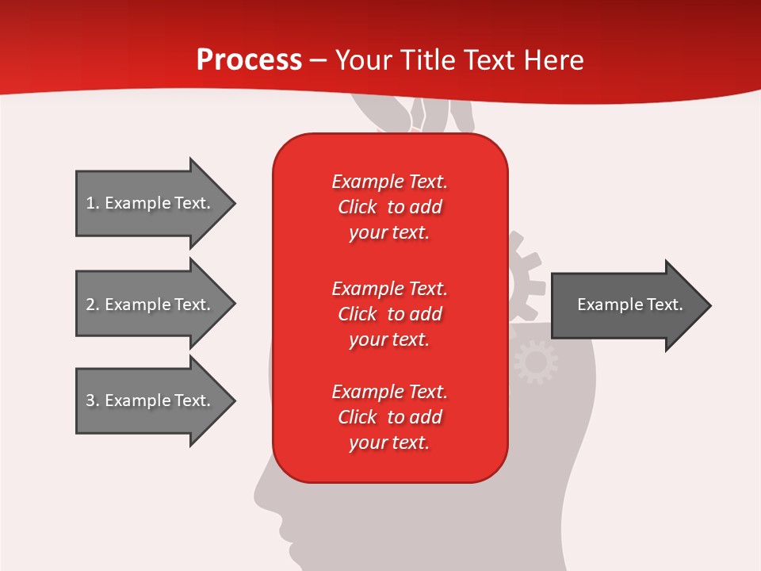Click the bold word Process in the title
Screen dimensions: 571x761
(249, 60)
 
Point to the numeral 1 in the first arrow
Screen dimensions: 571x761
(90, 203)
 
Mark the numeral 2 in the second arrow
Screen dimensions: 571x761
(90, 305)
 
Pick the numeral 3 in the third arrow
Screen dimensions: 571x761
(90, 400)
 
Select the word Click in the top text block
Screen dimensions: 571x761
(357, 207)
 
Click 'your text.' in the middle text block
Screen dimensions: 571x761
(389, 339)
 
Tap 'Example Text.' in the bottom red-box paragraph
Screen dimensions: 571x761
(389, 392)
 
